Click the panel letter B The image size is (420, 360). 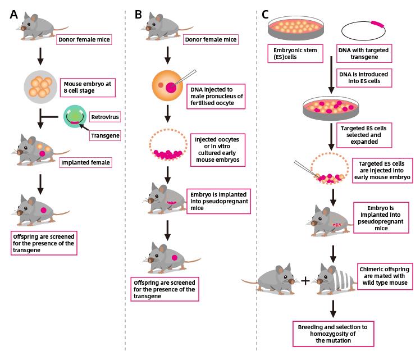click(138, 15)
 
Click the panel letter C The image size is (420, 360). click(266, 15)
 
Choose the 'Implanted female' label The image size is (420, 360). click(84, 163)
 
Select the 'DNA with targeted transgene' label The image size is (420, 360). click(363, 54)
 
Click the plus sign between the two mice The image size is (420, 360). click(305, 279)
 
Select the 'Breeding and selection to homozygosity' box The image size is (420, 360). click(332, 333)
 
